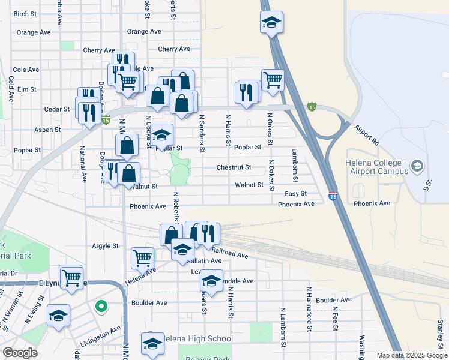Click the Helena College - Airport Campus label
(x=376, y=167)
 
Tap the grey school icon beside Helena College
(x=418, y=166)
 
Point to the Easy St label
(x=295, y=194)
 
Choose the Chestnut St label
(x=234, y=168)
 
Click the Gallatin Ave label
(x=205, y=261)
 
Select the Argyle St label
(x=105, y=246)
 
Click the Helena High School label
(x=197, y=339)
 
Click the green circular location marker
(x=101, y=307)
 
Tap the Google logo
(x=20, y=353)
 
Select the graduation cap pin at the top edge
(x=271, y=23)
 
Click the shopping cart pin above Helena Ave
(x=142, y=258)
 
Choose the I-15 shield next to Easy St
(x=333, y=196)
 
